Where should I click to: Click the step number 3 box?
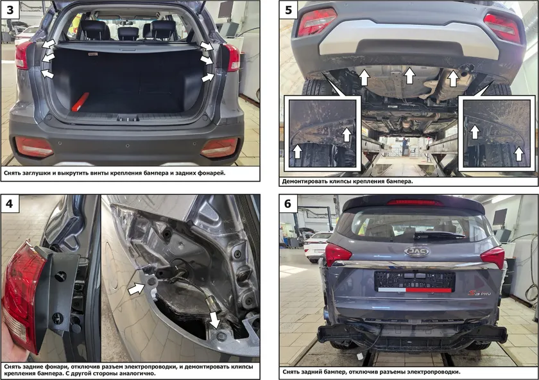10,10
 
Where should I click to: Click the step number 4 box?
10,203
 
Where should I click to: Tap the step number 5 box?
289,10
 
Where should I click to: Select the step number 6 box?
288,203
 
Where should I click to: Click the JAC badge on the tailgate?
416,252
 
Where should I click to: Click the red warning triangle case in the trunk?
80,102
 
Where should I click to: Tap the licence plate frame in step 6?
415,281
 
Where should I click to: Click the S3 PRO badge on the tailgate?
479,293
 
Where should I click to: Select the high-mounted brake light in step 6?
415,202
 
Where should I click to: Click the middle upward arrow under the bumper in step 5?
409,76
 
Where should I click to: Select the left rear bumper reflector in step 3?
33,146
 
